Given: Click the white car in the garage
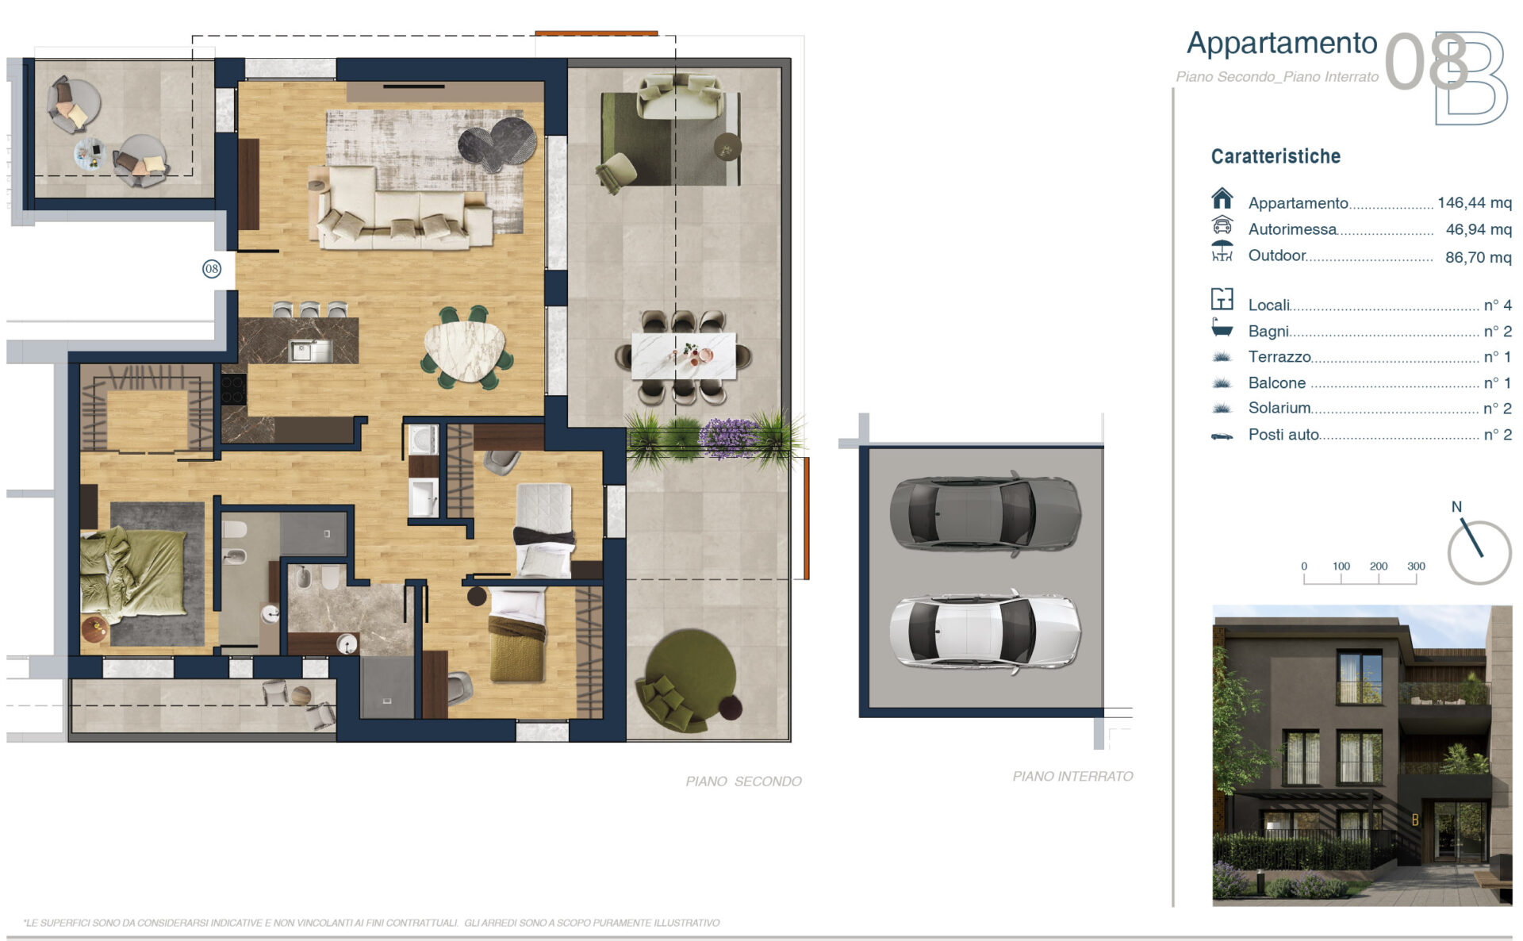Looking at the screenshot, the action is point(985,632).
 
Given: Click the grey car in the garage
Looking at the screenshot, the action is point(985,513).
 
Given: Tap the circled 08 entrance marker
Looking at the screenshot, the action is point(212,269).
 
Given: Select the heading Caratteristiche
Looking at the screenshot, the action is point(1276,156).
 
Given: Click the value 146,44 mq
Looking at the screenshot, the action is point(1475,202).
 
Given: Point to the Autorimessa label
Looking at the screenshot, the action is point(1292,229).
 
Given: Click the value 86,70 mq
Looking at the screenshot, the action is point(1479,257).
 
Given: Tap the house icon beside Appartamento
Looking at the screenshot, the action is point(1222,198).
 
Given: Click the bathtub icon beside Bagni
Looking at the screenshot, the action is point(1222,328).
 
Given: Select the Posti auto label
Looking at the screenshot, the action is point(1283,434).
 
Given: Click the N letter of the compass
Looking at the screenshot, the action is point(1456,506).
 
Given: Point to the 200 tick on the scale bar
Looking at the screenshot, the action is point(1379,567).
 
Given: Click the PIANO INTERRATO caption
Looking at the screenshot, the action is point(1072,776).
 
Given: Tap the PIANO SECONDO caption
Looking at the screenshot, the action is point(743,782).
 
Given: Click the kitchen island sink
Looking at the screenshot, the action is point(310,350).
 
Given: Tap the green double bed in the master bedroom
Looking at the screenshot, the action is point(133,574).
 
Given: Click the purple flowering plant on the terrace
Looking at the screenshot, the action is point(728,438).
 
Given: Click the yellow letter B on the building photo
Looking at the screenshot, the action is point(1415,820).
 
